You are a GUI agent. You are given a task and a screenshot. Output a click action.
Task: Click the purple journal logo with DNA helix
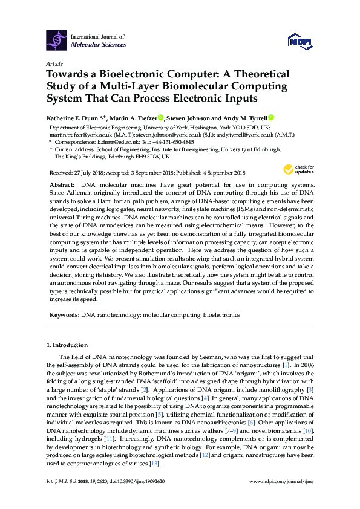click(57, 41)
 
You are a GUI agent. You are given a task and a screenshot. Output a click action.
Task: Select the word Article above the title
click(54, 63)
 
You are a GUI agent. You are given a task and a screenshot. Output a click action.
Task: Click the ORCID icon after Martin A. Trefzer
click(161, 118)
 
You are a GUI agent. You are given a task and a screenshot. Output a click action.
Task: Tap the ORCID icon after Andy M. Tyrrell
click(271, 118)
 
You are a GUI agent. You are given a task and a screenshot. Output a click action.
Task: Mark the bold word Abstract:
click(61, 183)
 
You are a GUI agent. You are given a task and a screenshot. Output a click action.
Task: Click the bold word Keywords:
click(64, 315)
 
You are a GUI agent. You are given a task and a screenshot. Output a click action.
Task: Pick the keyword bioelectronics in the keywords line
click(221, 315)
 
